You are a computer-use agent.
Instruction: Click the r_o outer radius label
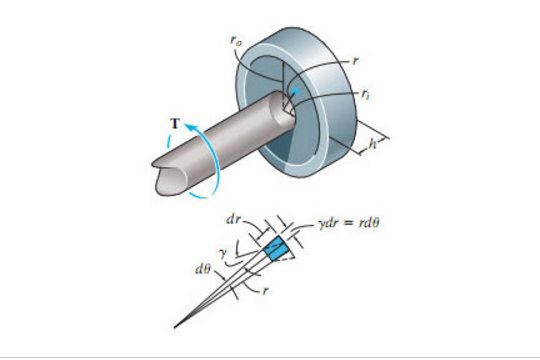[x=234, y=41]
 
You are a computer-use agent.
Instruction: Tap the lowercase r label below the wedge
[x=265, y=291]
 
